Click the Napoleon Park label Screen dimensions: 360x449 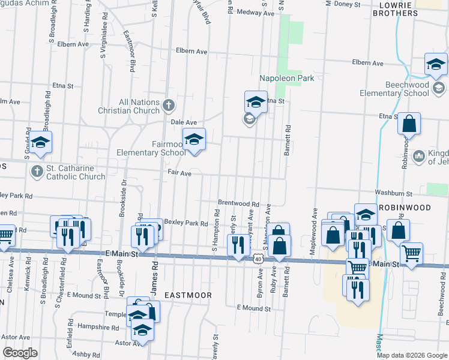(287, 78)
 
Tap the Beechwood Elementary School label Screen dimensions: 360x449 (394, 89)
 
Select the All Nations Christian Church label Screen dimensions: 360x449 (130, 106)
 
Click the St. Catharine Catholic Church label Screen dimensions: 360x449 (75, 172)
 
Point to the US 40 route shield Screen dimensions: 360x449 (258, 258)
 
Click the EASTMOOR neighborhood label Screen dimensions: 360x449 (188, 295)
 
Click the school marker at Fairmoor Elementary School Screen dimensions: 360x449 (194, 140)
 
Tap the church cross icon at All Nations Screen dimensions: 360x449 (169, 106)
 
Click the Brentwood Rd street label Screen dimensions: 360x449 (238, 204)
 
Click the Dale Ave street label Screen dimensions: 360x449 (184, 122)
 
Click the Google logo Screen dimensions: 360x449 (20, 353)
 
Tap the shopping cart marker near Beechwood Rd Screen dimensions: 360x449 (411, 254)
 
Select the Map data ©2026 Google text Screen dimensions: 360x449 (412, 355)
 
